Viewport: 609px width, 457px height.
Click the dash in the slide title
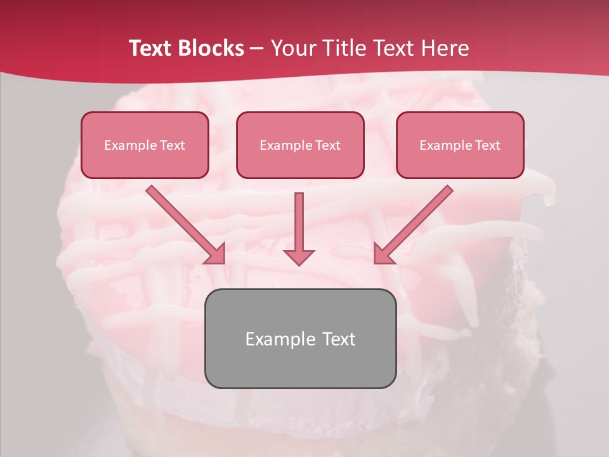point(257,48)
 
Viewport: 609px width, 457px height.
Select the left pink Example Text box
point(145,145)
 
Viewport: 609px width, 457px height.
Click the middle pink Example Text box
point(300,145)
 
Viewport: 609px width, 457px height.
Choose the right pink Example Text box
point(460,145)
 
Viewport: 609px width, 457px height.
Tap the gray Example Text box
point(300,338)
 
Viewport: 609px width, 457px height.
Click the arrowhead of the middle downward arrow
point(299,256)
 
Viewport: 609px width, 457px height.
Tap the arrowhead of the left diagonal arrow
point(216,254)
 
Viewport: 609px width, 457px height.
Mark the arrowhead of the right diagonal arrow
point(383,254)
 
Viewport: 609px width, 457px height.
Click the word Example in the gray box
point(280,339)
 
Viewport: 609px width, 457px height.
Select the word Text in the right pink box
point(487,145)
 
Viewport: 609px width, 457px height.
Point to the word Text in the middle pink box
point(327,145)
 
